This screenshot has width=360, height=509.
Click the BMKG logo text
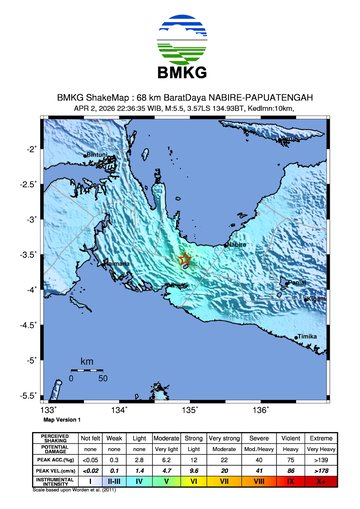pyautogui.click(x=180, y=72)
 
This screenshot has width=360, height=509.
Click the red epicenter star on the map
pyautogui.click(x=184, y=261)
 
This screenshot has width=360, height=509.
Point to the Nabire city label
pyautogui.click(x=237, y=243)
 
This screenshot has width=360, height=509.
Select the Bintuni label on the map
pyautogui.click(x=97, y=155)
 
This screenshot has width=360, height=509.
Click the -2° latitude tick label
pyautogui.click(x=34, y=149)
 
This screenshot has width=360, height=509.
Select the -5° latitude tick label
pyautogui.click(x=34, y=360)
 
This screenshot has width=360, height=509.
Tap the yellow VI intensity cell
pyautogui.click(x=194, y=481)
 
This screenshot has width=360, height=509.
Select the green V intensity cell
pyautogui.click(x=168, y=481)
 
